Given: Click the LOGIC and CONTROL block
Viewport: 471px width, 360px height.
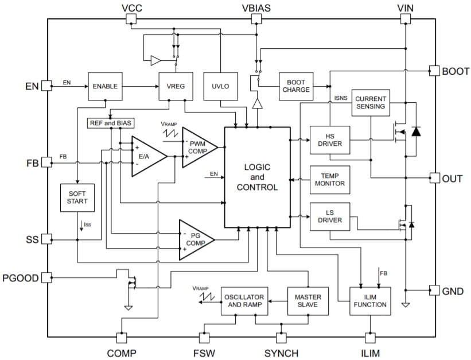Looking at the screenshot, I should click(x=256, y=177).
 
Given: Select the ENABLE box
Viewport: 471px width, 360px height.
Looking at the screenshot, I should click(x=105, y=86).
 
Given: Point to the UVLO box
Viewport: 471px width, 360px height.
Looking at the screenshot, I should click(x=221, y=86).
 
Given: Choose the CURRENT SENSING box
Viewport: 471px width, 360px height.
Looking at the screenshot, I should click(x=370, y=103).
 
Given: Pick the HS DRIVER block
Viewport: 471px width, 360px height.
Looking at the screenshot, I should click(x=329, y=140).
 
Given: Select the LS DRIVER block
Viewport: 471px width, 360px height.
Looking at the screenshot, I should click(x=329, y=216).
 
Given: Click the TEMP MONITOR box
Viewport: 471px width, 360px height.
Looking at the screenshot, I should click(x=329, y=179).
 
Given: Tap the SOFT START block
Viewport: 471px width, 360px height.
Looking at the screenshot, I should click(x=77, y=198).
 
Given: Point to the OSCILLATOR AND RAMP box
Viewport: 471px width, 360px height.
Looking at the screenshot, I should click(x=244, y=301).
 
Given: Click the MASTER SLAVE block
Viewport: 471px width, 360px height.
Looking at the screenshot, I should click(x=308, y=301).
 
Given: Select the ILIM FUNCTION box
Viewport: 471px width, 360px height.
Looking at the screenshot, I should click(x=370, y=301).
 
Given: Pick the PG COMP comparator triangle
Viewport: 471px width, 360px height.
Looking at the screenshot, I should click(x=195, y=239).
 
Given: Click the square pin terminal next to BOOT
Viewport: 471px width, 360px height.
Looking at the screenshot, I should click(x=434, y=71).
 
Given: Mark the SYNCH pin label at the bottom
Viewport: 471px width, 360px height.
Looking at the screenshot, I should click(x=281, y=353).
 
